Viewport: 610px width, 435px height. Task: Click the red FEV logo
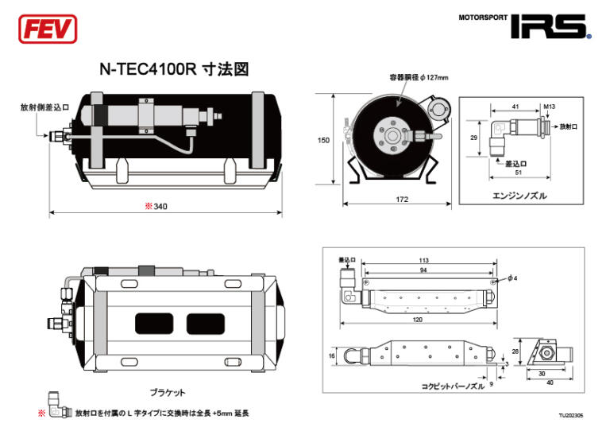pyautogui.click(x=47, y=29)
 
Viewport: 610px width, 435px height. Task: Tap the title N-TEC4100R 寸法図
pyautogui.click(x=174, y=69)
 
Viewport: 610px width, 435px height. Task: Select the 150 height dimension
pyautogui.click(x=323, y=140)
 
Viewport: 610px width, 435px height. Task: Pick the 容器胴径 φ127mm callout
pyautogui.click(x=419, y=78)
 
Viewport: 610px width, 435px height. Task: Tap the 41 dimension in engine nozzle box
pyautogui.click(x=515, y=105)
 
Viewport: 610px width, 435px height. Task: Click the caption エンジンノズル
pyautogui.click(x=520, y=195)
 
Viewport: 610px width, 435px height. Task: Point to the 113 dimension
pyautogui.click(x=423, y=259)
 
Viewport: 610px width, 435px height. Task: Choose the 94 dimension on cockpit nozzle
pyautogui.click(x=423, y=270)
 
